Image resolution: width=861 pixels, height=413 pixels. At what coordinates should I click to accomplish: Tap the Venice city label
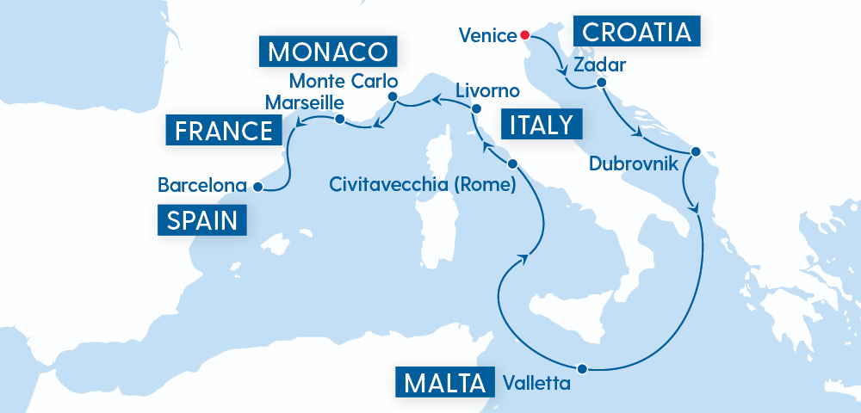[487, 35]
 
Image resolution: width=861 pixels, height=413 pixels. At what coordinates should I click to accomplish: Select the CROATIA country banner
[637, 33]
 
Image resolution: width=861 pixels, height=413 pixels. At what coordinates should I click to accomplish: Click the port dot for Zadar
[601, 83]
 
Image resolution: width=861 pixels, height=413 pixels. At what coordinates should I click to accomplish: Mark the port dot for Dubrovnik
[696, 151]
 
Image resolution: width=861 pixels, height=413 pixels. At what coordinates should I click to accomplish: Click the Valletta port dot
[583, 368]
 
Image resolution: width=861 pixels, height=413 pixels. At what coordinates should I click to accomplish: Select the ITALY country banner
[541, 126]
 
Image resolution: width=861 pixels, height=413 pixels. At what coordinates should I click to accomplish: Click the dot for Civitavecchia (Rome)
[512, 163]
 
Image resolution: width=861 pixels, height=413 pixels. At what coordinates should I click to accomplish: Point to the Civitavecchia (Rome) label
[422, 184]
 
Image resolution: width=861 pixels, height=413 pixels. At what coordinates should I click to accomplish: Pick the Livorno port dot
[474, 108]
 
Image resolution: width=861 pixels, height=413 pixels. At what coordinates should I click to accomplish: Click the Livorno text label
[487, 90]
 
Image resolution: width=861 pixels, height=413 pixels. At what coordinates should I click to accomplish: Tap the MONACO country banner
[326, 52]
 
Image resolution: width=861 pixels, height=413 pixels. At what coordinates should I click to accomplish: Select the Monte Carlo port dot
[393, 96]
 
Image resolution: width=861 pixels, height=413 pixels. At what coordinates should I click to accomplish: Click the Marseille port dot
[339, 119]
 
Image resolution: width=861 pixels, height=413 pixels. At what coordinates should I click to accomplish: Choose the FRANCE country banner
[223, 132]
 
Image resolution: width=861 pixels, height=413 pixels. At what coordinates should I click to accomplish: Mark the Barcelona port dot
[257, 185]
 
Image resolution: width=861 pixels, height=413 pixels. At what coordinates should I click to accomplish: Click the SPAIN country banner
[202, 220]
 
